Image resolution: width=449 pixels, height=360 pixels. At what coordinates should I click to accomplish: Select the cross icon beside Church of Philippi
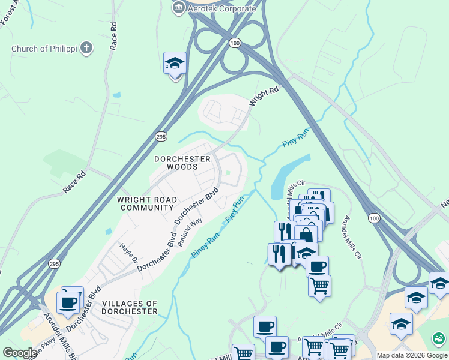(x=87, y=48)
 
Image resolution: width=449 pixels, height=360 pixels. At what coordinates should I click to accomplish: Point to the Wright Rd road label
(x=265, y=95)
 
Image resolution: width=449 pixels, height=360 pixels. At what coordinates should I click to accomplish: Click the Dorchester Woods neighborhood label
(x=182, y=163)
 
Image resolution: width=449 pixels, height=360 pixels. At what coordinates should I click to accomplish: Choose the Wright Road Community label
(x=147, y=203)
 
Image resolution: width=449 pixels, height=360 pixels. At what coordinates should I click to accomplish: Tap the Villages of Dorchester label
(x=130, y=307)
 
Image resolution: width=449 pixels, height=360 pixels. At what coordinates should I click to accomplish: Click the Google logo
(x=19, y=353)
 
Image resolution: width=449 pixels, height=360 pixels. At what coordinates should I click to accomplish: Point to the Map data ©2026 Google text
(x=412, y=355)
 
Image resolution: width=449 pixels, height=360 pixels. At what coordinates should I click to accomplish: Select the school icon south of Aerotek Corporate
(x=175, y=63)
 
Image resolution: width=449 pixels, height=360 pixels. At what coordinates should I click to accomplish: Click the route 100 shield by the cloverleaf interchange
(x=235, y=43)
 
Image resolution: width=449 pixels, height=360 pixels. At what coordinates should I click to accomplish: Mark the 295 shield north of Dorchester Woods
(x=161, y=136)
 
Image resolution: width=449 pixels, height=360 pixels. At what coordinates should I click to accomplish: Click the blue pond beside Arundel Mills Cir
(x=288, y=176)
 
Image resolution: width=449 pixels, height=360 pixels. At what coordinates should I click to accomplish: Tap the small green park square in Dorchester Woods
(x=228, y=175)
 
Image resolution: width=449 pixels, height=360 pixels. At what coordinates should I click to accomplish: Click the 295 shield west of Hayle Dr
(x=54, y=263)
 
